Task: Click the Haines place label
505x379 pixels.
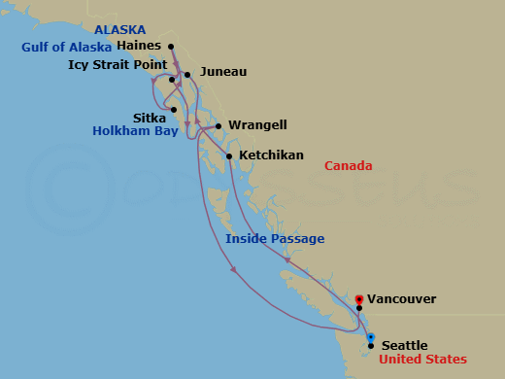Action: pyautogui.click(x=138, y=45)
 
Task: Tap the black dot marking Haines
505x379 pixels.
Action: pyautogui.click(x=171, y=47)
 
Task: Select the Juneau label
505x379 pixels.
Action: pyautogui.click(x=223, y=72)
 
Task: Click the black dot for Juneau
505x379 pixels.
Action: pyautogui.click(x=187, y=74)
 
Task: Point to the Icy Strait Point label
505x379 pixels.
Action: pyautogui.click(x=116, y=65)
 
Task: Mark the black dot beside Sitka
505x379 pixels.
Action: pyautogui.click(x=174, y=110)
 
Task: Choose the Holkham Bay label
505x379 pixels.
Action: pyautogui.click(x=133, y=130)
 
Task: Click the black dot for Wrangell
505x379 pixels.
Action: pyautogui.click(x=219, y=125)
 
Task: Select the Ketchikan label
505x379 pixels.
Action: pyautogui.click(x=271, y=155)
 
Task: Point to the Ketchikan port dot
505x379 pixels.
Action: pyautogui.click(x=229, y=156)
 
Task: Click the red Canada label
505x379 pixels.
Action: pyautogui.click(x=348, y=166)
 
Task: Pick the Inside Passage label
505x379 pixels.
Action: pyautogui.click(x=275, y=238)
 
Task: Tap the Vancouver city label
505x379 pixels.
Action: pyautogui.click(x=402, y=299)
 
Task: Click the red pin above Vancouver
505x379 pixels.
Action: pyautogui.click(x=359, y=299)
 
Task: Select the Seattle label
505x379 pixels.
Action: pyautogui.click(x=405, y=345)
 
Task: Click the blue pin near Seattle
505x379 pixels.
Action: pyautogui.click(x=371, y=337)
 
